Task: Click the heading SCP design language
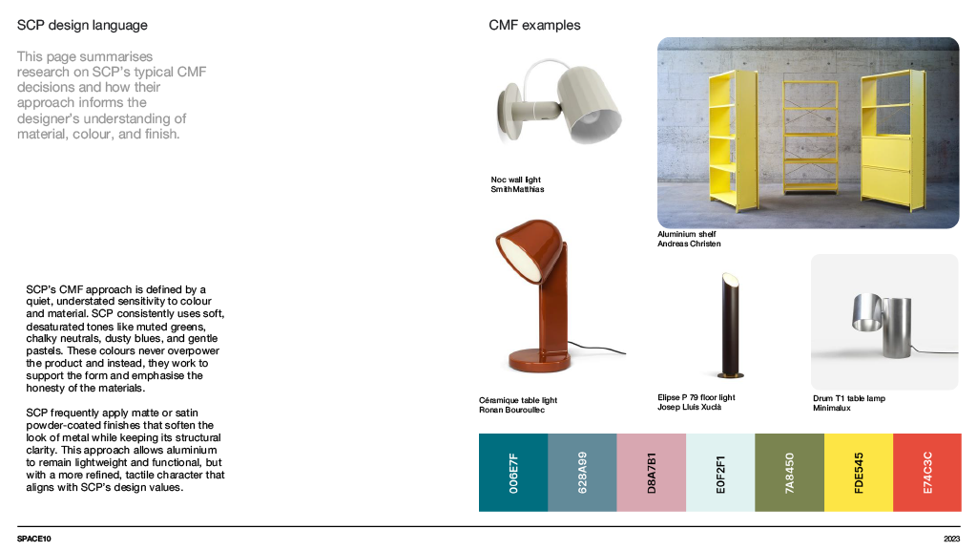click(x=82, y=26)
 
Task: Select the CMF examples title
click(x=534, y=26)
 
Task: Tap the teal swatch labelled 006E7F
click(x=513, y=472)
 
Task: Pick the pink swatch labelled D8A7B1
click(x=652, y=472)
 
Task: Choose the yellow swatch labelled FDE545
click(x=858, y=472)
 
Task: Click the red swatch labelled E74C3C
click(x=926, y=472)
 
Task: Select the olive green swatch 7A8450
click(x=789, y=472)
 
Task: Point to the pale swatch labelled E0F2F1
click(x=720, y=472)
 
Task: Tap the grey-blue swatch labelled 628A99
click(x=582, y=472)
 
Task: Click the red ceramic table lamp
click(x=539, y=296)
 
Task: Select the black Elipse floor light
click(x=727, y=325)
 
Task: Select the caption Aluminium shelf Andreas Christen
click(x=689, y=239)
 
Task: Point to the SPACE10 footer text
click(x=34, y=540)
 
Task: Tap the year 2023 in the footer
click(x=950, y=540)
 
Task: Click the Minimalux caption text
click(x=831, y=408)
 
